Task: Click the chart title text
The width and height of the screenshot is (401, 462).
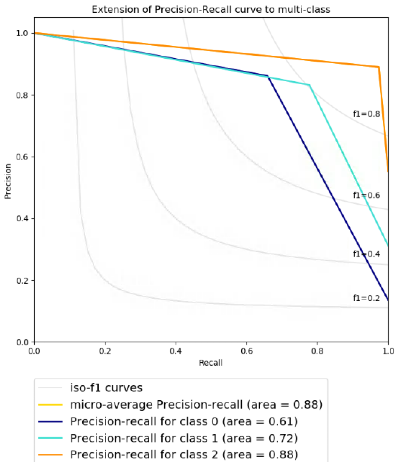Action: pyautogui.click(x=211, y=9)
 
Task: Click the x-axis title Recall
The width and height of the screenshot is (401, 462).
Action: pyautogui.click(x=211, y=363)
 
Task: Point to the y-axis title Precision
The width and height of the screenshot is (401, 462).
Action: pyautogui.click(x=8, y=181)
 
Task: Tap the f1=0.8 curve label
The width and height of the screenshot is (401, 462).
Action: pyautogui.click(x=366, y=114)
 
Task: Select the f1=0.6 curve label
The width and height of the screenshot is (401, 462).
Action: pyautogui.click(x=366, y=195)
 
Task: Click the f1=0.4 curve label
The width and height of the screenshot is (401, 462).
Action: pyautogui.click(x=366, y=254)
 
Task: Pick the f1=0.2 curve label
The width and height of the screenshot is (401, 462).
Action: pyautogui.click(x=366, y=298)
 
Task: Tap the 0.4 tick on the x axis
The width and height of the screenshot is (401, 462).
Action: pyautogui.click(x=176, y=351)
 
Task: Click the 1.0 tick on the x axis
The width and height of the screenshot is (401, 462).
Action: pyautogui.click(x=388, y=351)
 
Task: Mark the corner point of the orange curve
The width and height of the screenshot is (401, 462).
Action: pyautogui.click(x=378, y=67)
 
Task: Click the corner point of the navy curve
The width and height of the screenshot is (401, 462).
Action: pyautogui.click(x=268, y=76)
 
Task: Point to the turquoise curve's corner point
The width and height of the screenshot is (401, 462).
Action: pyautogui.click(x=309, y=85)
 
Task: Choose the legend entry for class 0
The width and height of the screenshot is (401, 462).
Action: pyautogui.click(x=184, y=422)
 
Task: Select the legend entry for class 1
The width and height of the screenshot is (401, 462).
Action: pyautogui.click(x=184, y=438)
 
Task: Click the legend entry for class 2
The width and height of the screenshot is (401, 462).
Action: pyautogui.click(x=184, y=455)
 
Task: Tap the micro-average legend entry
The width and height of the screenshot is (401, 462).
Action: pyautogui.click(x=196, y=405)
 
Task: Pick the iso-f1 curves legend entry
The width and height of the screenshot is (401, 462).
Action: pyautogui.click(x=106, y=388)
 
